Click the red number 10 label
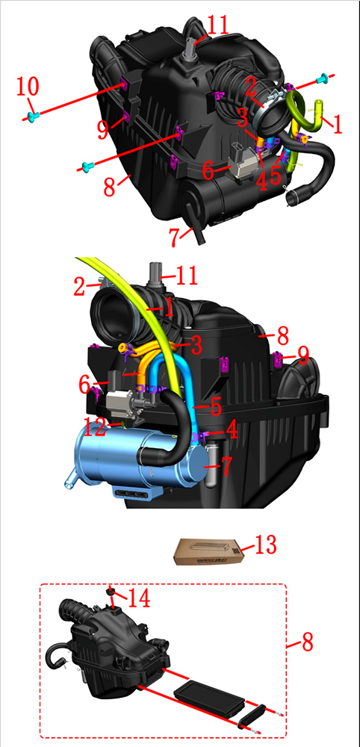[x=27, y=87]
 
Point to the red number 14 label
[x=137, y=598]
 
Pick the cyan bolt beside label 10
[x=32, y=117]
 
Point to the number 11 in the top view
[x=217, y=25]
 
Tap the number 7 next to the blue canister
[x=226, y=467]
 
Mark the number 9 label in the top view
[x=103, y=130]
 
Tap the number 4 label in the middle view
[x=232, y=430]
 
